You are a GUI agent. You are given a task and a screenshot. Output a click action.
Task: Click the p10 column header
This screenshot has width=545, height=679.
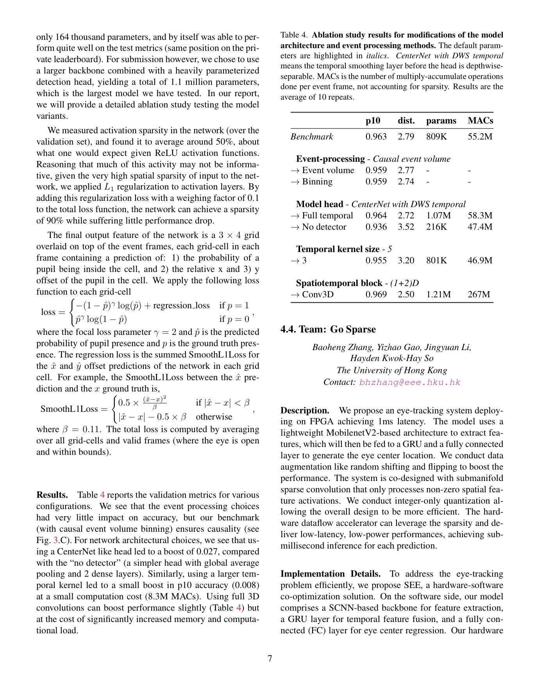373,121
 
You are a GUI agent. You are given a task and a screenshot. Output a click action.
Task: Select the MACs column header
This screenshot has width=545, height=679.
480,121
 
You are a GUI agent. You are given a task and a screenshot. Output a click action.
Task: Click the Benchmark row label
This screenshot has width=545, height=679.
311,137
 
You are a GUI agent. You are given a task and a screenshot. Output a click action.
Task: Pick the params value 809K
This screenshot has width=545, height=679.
436,137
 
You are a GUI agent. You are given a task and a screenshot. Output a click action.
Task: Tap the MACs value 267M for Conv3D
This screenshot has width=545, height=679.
479,295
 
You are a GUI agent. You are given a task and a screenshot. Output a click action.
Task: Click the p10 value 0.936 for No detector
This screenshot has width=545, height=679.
376,227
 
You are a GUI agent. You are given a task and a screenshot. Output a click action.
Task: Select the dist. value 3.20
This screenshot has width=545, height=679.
406,261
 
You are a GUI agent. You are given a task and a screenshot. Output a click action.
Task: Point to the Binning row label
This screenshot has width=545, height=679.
317,182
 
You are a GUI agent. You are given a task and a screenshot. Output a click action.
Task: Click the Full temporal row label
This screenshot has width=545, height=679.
327,216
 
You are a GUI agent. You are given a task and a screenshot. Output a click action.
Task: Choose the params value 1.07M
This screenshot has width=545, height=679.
438,216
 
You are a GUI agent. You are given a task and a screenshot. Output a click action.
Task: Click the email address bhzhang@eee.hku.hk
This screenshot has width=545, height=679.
409,382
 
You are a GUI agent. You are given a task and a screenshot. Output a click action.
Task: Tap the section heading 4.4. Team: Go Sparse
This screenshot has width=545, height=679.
328,329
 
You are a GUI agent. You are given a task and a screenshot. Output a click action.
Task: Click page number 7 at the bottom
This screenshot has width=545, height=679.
270,658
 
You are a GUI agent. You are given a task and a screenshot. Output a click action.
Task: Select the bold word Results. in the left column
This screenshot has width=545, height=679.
52,495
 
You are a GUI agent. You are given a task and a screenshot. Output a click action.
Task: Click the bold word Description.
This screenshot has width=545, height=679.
305,411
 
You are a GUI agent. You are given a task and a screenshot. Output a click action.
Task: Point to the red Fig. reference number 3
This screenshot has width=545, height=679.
55,540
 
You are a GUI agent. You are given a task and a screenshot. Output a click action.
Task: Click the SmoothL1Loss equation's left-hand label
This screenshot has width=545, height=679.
69,409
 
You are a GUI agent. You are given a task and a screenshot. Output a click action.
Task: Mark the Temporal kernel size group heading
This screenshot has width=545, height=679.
338,249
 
